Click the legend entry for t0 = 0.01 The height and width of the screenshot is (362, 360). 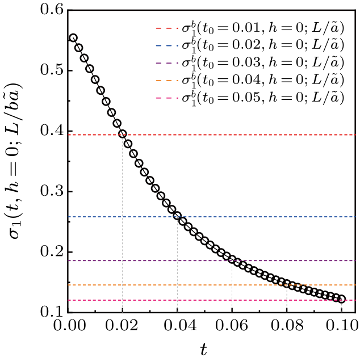(250, 28)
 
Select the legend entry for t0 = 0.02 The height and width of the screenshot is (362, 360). (250, 45)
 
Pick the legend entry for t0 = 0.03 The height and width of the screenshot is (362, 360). (250, 63)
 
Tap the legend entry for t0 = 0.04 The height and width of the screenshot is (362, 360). (250, 81)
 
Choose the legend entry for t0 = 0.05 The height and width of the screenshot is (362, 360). (250, 98)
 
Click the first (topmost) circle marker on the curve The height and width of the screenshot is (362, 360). (73, 38)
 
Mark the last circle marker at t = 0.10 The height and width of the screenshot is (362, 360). (341, 299)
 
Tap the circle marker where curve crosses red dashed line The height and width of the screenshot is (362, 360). (123, 134)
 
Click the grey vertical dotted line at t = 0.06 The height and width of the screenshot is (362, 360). (232, 289)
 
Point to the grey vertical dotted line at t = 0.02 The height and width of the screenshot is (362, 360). (123, 227)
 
